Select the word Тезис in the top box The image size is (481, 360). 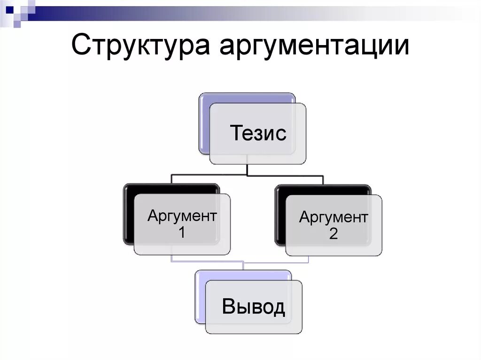[258, 134]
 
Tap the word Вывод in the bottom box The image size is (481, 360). [253, 307]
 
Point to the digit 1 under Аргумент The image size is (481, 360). [181, 232]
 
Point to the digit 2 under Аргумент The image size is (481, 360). [333, 234]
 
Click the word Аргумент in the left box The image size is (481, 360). [182, 216]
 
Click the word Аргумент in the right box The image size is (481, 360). [334, 217]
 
